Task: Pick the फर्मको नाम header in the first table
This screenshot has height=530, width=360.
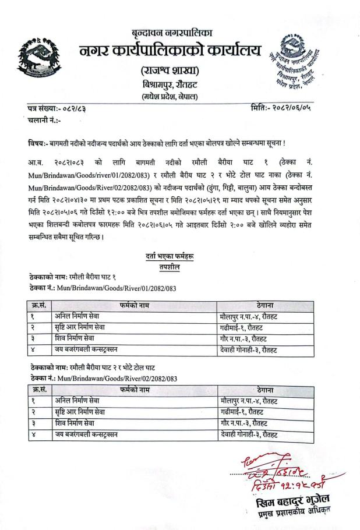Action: coord(133,304)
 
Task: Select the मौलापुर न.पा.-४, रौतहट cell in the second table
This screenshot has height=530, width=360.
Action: coord(252,400)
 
